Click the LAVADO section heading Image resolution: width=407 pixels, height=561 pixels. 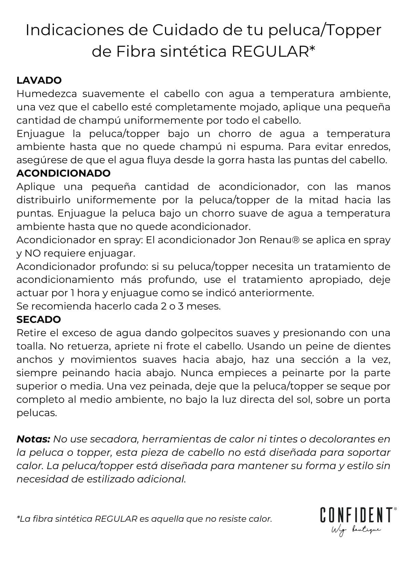click(x=39, y=81)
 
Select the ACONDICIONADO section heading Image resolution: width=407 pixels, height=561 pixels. click(x=63, y=173)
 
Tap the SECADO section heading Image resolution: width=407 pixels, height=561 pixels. click(x=39, y=319)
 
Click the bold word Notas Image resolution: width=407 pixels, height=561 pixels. click(x=33, y=439)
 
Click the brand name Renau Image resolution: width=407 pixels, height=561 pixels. click(x=279, y=240)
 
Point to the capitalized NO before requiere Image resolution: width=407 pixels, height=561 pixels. click(x=33, y=254)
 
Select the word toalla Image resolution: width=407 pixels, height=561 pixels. click(x=30, y=346)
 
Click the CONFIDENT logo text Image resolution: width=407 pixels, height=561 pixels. click(x=356, y=515)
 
